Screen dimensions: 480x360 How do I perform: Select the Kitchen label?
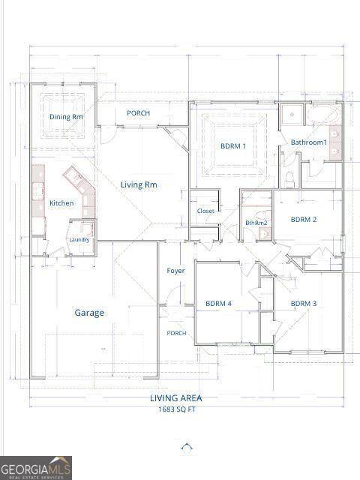coord(61,203)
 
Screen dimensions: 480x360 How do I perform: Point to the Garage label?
coord(88,313)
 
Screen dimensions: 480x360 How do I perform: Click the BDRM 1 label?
coord(233,146)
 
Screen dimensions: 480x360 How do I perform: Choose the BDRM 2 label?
coord(304,220)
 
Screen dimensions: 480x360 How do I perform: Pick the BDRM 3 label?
coord(304,304)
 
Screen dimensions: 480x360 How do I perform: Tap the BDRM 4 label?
coord(218,304)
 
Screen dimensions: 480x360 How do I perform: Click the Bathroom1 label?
coord(309,142)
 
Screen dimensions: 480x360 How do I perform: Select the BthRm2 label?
coord(256,223)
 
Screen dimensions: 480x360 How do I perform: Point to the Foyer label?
coord(175,271)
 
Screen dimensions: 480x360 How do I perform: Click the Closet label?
coord(205,211)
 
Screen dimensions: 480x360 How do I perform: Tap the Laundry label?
coord(79,240)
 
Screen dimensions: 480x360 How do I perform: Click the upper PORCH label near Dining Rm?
coord(138,113)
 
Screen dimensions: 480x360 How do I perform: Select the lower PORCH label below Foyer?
coord(176,333)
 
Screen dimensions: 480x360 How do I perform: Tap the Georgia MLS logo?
coord(36,467)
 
